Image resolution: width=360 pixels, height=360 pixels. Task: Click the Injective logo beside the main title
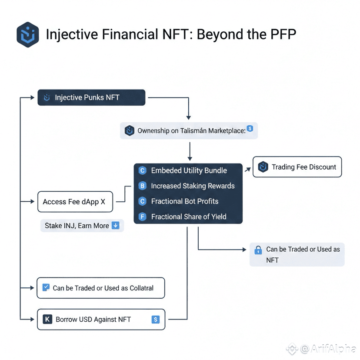pyautogui.click(x=28, y=35)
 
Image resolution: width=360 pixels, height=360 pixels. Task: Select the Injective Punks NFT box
pyautogui.click(x=91, y=97)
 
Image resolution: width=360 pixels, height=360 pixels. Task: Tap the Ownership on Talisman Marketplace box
pyautogui.click(x=189, y=130)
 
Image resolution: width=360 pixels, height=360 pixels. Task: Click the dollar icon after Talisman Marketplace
pyautogui.click(x=250, y=129)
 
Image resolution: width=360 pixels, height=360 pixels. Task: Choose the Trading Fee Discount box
pyautogui.click(x=297, y=167)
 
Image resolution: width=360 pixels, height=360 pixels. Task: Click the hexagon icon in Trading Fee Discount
pyautogui.click(x=263, y=167)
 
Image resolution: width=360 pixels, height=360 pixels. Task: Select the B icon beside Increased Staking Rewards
pyautogui.click(x=142, y=186)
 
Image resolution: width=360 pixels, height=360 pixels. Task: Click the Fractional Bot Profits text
pyautogui.click(x=184, y=201)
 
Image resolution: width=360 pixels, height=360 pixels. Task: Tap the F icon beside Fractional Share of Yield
pyautogui.click(x=142, y=217)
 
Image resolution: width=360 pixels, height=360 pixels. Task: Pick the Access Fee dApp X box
pyautogui.click(x=75, y=202)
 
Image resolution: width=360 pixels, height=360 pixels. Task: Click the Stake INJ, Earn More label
pyautogui.click(x=77, y=226)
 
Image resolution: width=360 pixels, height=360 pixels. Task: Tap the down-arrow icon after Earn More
pyautogui.click(x=115, y=225)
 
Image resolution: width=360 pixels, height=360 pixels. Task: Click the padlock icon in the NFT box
pyautogui.click(x=258, y=250)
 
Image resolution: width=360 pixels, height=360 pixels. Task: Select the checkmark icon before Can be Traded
pyautogui.click(x=45, y=287)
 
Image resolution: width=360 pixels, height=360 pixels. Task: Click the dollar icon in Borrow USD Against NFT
pyautogui.click(x=155, y=320)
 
